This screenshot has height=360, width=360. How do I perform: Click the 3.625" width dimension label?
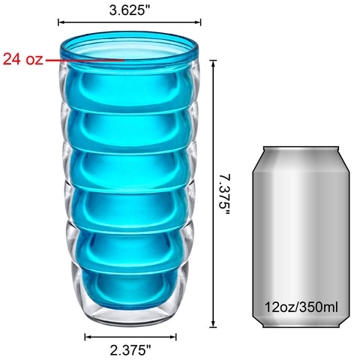coord(130,10)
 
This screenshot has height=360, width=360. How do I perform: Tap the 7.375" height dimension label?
coord(224,195)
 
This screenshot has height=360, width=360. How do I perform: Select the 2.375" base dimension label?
coord(130,350)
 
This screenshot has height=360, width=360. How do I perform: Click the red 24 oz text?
coord(22,59)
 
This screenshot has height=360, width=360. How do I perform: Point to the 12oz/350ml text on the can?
coord(301,307)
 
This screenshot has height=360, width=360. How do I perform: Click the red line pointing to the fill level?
coord(85,60)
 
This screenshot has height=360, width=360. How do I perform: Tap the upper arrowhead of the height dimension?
coord(213,64)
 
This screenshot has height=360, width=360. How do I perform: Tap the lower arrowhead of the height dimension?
coord(213,324)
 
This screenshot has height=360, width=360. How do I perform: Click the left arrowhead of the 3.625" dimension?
coord(61,22)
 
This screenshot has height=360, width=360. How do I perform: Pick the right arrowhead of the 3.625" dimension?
coord(197,22)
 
